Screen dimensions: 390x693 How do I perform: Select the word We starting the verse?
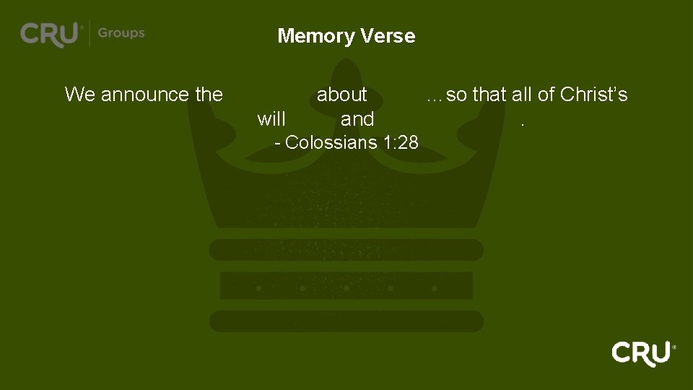[79, 95]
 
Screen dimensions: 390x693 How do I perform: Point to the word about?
[342, 95]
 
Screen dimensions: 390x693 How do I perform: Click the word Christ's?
[593, 95]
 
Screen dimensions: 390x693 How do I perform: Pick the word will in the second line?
[271, 119]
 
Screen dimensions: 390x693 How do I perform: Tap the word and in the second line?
[357, 119]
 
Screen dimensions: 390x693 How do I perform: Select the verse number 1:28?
[401, 142]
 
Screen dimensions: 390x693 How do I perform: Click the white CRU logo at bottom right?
[642, 353]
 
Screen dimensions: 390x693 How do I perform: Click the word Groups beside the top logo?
[121, 33]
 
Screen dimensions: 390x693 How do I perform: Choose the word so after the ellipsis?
[457, 95]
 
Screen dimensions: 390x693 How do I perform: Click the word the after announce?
[209, 95]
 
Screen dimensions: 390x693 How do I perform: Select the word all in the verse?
[521, 95]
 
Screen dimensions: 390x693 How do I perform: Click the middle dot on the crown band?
[346, 288]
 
